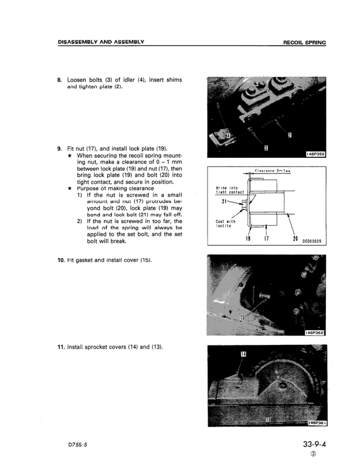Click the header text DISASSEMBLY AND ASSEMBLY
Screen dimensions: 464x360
[101, 42]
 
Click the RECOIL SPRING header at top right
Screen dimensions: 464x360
[304, 43]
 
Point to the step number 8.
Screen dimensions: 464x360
[59, 80]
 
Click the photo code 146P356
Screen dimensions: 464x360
[315, 154]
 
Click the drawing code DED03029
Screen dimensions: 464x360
[313, 240]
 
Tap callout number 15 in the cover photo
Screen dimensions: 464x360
[243, 316]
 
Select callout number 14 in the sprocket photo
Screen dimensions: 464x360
[243, 355]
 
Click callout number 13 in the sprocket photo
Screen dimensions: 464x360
[269, 419]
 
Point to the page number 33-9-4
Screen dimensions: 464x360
[311, 444]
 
